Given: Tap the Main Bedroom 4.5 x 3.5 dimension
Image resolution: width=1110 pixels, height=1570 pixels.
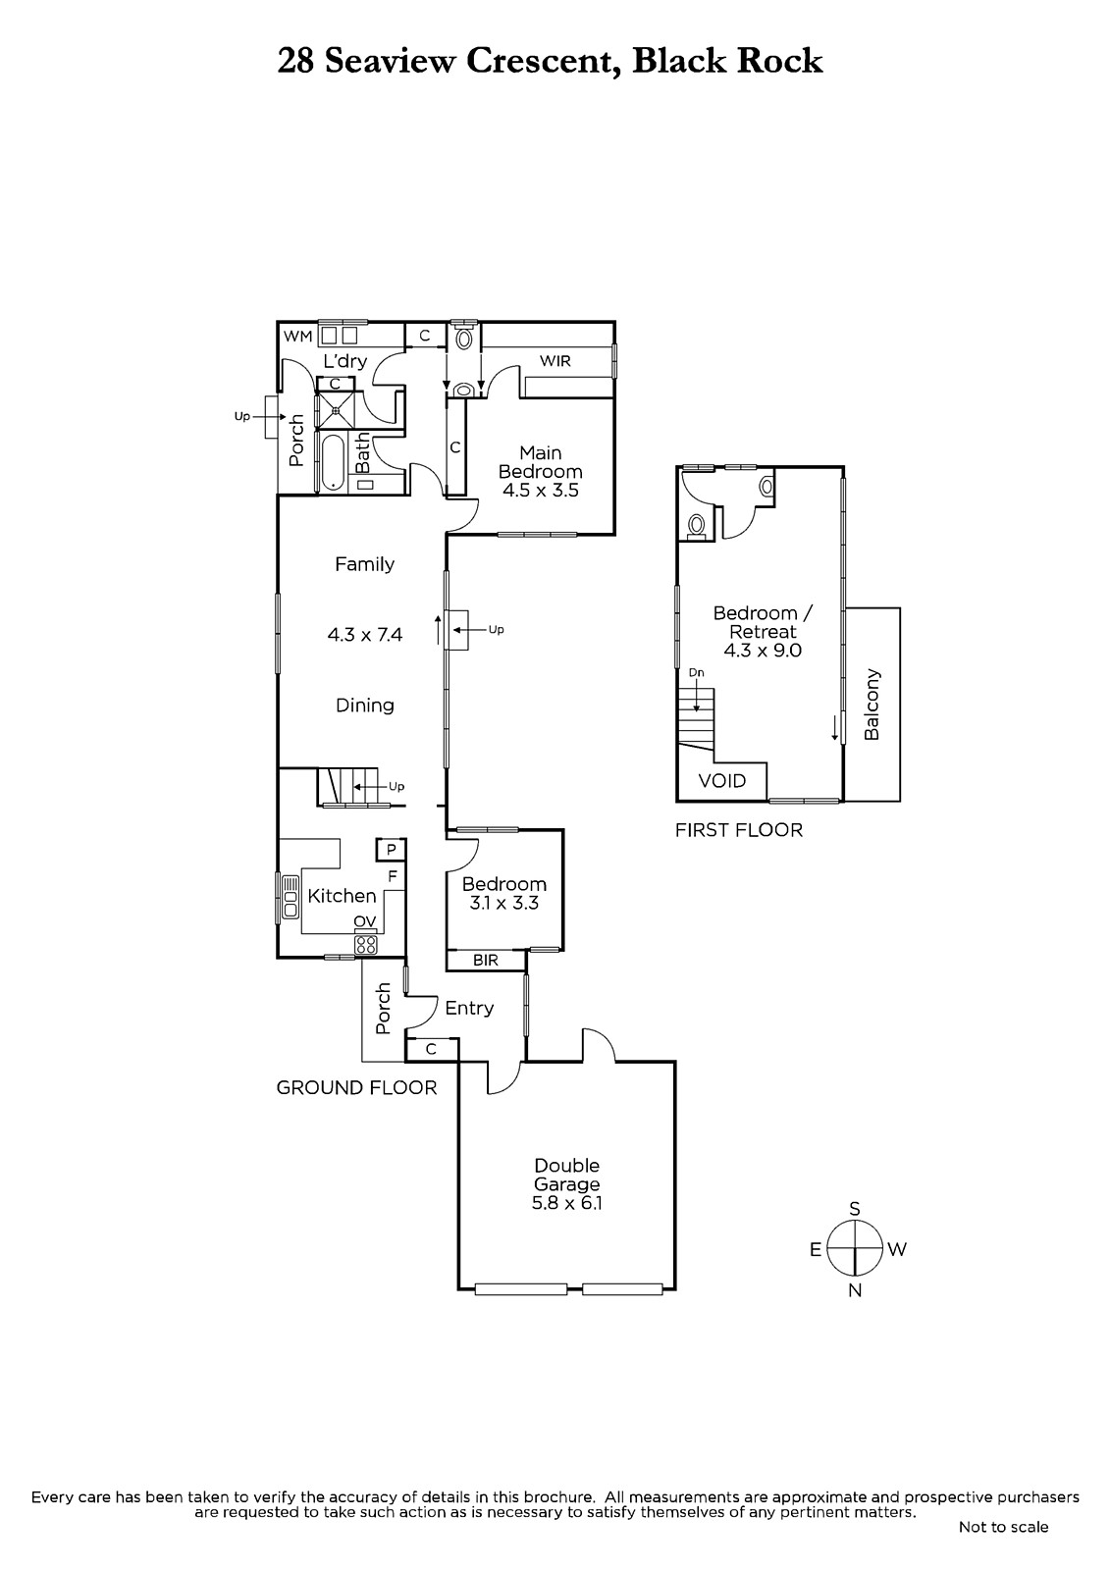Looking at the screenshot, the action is click(x=541, y=490).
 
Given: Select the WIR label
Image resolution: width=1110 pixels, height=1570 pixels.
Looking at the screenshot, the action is click(x=555, y=361).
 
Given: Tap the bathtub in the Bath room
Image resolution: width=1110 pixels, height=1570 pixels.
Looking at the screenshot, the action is click(x=333, y=463).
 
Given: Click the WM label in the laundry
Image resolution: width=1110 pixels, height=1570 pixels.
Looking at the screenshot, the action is click(x=297, y=337).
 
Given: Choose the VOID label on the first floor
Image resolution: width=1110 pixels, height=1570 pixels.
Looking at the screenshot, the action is click(x=722, y=781).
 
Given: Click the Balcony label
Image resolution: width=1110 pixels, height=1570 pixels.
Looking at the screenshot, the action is click(x=872, y=705).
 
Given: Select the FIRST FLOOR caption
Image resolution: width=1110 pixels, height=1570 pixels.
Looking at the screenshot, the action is click(x=739, y=830).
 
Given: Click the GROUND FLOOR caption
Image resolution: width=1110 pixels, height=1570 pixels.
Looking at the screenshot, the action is click(x=356, y=1088).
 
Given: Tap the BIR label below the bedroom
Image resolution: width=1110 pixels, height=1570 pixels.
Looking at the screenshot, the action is click(x=485, y=961).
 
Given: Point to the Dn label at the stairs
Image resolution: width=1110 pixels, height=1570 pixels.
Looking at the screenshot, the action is click(x=696, y=673).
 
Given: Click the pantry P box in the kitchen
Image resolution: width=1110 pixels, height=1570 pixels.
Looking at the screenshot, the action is click(x=392, y=850).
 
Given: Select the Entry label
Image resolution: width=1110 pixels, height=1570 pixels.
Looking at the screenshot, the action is click(x=469, y=1009).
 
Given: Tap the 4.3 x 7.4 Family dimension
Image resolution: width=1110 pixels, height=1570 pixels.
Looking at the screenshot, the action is click(x=365, y=635).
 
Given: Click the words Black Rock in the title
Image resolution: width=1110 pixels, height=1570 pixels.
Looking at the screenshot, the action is click(x=727, y=61).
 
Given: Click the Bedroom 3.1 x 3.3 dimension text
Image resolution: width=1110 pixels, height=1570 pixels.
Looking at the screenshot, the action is click(x=504, y=904).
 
